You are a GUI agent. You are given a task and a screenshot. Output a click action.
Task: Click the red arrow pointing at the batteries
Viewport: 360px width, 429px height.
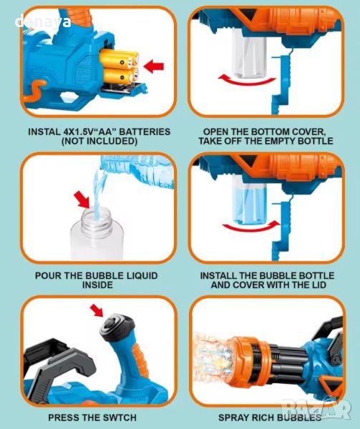coord(154,66)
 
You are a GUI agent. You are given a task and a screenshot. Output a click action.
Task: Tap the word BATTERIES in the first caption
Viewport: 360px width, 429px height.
coord(145,132)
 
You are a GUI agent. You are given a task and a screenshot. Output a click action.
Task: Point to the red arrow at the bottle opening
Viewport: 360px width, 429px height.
coord(82,199)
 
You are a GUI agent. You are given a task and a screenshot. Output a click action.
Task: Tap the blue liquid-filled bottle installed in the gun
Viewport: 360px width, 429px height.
coord(249,199)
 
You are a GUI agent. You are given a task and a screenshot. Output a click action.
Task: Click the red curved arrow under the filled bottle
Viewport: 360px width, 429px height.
coord(251,226)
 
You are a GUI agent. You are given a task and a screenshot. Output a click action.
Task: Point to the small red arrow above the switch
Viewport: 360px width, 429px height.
coord(97,310)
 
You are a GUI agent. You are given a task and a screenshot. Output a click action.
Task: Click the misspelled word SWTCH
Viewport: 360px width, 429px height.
coord(119,418)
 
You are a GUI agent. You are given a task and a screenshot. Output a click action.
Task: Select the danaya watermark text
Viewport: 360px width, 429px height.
coord(43,22)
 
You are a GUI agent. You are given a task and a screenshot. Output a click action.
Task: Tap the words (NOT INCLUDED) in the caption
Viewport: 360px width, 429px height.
coord(99,141)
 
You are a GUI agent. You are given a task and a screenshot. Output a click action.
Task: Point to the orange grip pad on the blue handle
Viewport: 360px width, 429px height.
coord(140,355)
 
